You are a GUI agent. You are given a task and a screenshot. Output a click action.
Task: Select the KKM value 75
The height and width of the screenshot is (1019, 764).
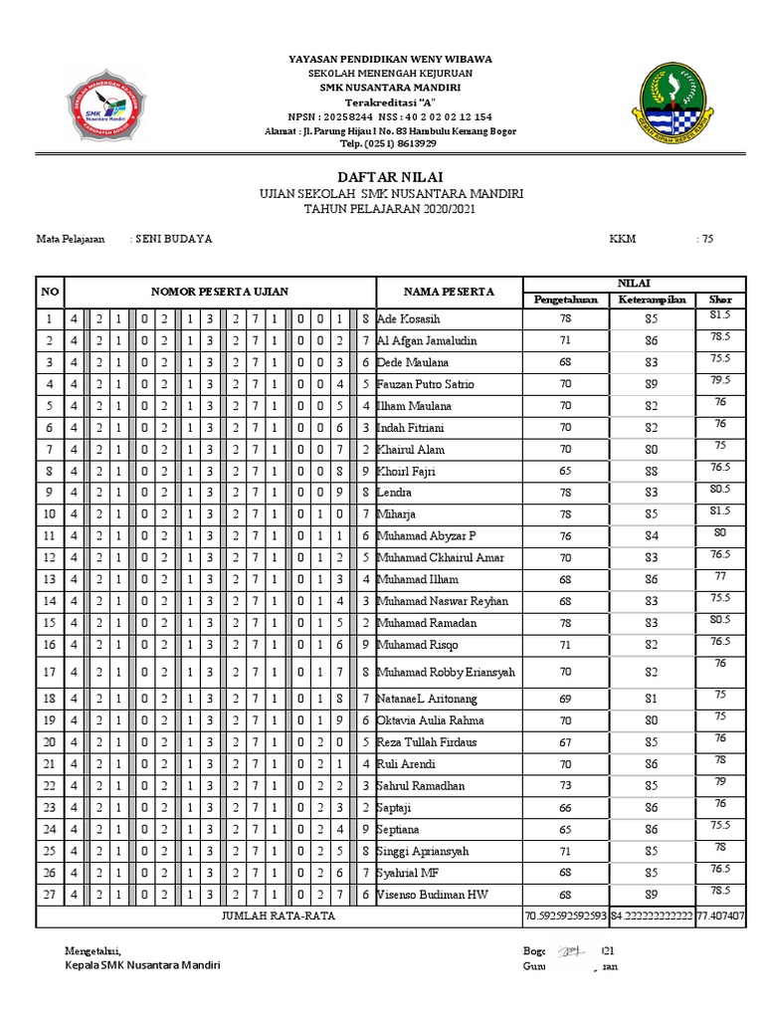tap(706, 239)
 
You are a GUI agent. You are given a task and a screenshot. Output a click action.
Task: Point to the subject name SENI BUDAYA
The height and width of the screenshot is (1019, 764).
tap(174, 239)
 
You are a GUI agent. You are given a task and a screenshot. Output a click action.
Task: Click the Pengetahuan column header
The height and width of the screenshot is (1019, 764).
tap(565, 299)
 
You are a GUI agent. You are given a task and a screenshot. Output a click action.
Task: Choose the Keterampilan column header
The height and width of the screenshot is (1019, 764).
tap(651, 299)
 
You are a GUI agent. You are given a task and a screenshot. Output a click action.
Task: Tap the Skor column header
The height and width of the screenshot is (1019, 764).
tap(719, 299)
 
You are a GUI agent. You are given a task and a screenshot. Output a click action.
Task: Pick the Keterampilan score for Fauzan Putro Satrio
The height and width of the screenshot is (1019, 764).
tap(651, 384)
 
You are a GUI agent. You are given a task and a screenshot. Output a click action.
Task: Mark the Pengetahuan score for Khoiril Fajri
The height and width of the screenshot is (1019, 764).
tap(565, 471)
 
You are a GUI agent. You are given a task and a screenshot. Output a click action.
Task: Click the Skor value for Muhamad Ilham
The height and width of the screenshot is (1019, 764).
tap(719, 577)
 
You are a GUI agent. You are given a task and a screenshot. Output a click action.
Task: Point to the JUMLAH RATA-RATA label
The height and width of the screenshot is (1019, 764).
tap(278, 915)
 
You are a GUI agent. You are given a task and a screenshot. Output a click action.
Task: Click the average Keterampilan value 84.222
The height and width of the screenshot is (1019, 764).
tap(651, 915)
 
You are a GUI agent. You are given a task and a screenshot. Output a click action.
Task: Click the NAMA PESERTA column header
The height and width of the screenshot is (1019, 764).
tap(448, 292)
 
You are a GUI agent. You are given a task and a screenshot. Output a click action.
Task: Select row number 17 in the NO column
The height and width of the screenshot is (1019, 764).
tap(49, 672)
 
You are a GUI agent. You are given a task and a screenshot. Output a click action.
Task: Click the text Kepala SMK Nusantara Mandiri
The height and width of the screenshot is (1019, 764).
tap(142, 965)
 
